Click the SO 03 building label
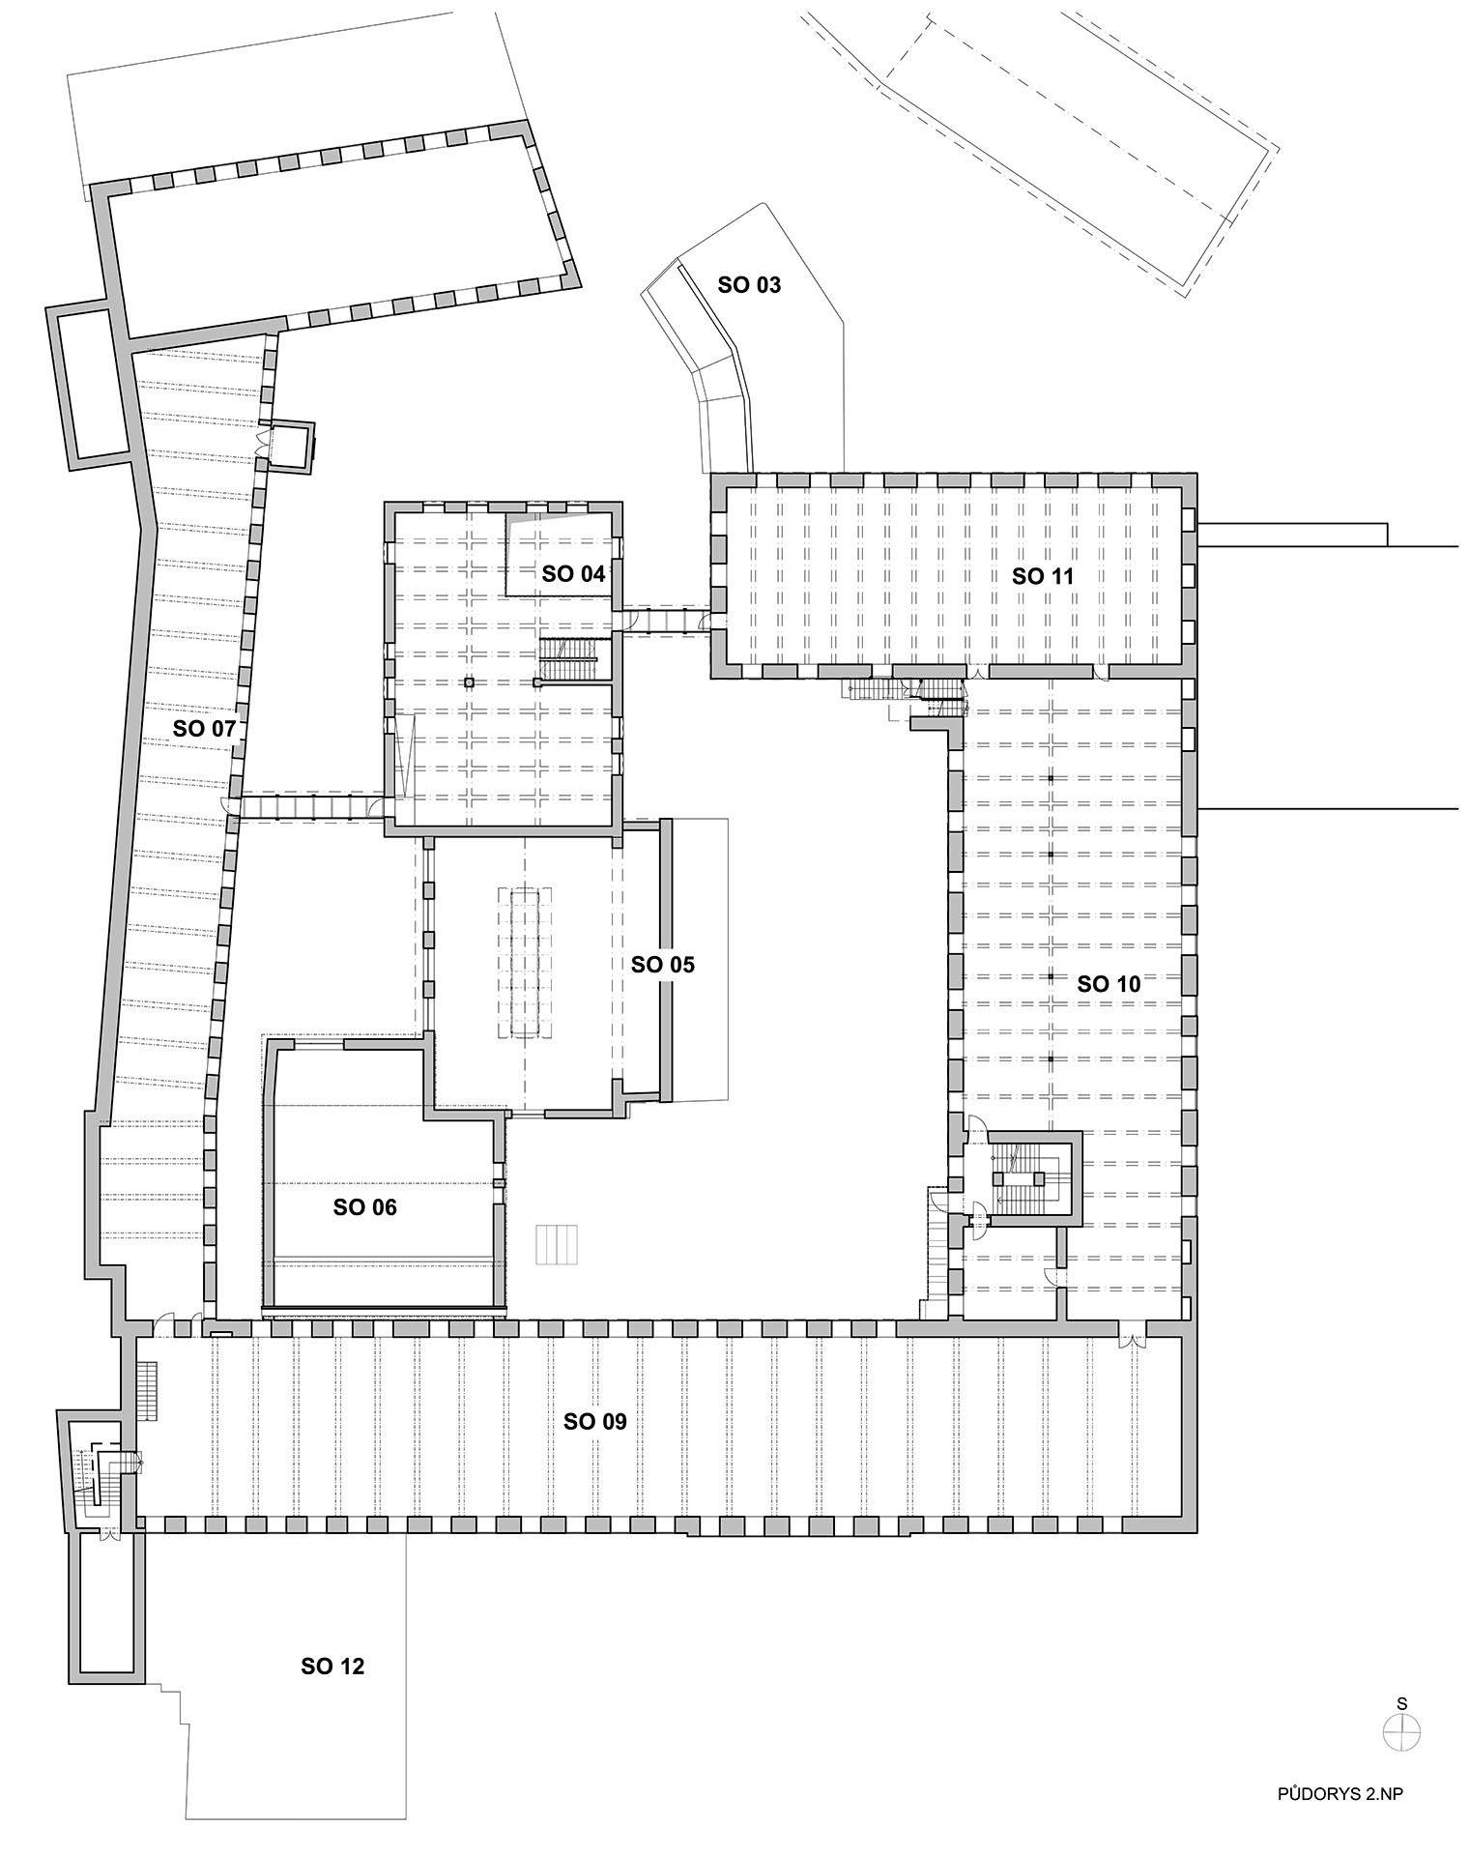click(749, 285)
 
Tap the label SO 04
click(573, 574)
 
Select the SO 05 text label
click(662, 965)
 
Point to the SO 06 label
click(364, 1207)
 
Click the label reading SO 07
click(204, 729)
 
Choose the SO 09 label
click(595, 1422)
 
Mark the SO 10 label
click(1109, 984)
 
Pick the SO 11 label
click(1043, 577)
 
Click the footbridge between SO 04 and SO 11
click(667, 619)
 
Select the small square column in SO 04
click(469, 682)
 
